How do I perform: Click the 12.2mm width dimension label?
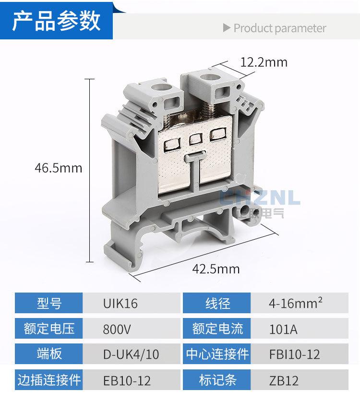coord(264,62)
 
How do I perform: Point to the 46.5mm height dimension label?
coord(59,168)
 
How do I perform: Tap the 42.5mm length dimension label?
coord(216,269)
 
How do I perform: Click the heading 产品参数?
coord(56,21)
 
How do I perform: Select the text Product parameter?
coord(280,28)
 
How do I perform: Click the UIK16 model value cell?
coord(132,303)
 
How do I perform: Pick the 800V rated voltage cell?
coord(132,329)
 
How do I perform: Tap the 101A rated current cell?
coord(300,329)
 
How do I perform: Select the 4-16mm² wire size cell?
coord(300,303)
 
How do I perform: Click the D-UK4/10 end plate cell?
coord(132,354)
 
